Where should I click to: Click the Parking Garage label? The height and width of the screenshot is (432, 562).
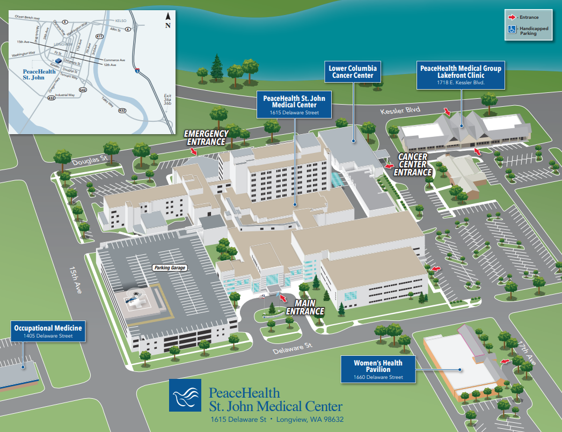169,267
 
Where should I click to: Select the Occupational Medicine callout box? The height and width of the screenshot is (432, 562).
48,331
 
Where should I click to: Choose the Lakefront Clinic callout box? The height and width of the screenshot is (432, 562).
461,75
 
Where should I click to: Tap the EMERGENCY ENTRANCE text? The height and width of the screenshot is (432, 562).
206,137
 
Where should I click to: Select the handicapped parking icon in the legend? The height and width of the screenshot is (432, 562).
512,30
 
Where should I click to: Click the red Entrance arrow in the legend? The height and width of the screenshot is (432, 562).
512,18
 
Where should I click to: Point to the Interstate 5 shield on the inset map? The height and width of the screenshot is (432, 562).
137,70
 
